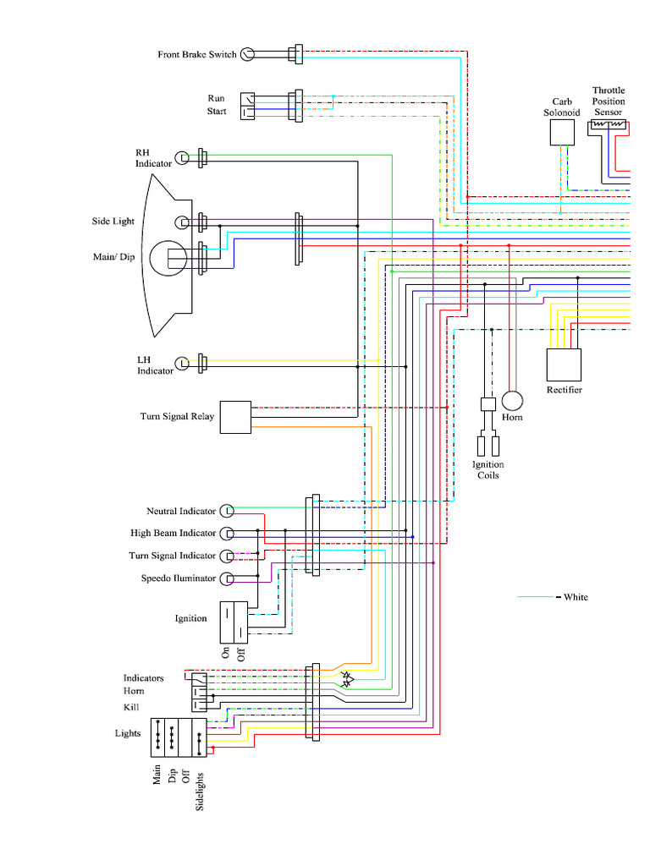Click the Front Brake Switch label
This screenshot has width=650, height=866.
pos(197,55)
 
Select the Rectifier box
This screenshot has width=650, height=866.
pos(564,364)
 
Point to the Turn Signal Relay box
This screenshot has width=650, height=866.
pos(236,417)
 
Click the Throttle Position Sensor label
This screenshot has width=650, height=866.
pos(609,101)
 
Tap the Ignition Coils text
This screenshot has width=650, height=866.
pos(487,469)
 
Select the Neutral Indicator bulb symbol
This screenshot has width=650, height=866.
pos(227,511)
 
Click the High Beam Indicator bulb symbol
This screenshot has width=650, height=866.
pos(227,534)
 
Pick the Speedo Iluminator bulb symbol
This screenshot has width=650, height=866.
pos(227,579)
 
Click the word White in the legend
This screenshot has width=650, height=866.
pos(576,597)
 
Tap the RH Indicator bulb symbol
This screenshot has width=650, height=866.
pos(182,158)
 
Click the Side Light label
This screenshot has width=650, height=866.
pos(113,222)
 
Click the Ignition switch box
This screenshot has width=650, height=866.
pos(234,619)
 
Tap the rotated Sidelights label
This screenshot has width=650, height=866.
pos(201,792)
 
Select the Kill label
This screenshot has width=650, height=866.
pos(131,707)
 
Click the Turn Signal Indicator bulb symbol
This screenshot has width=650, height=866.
pos(227,556)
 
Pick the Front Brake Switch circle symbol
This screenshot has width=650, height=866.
pos(247,55)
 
